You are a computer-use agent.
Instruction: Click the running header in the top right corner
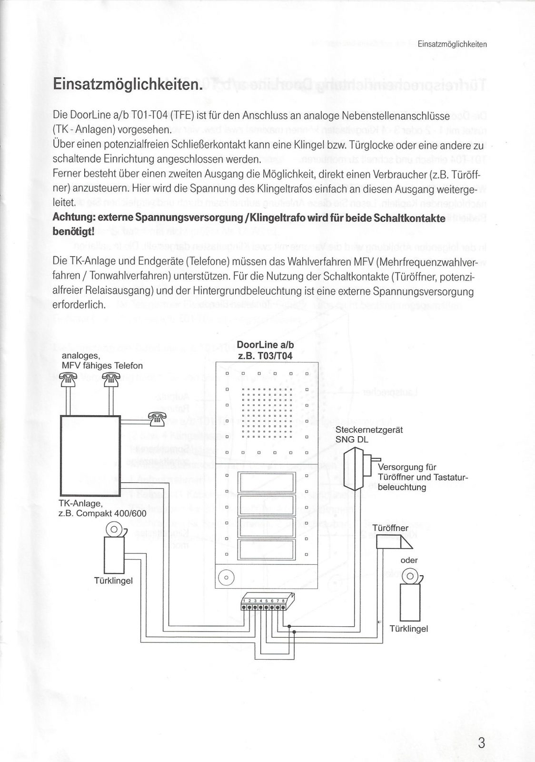point(452,44)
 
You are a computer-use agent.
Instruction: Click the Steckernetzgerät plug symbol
point(356,470)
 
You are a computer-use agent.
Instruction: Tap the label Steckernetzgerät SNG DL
point(369,434)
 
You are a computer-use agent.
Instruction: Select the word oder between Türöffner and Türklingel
point(409,560)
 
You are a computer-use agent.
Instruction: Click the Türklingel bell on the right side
point(410,595)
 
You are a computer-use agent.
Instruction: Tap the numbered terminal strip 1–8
point(265,604)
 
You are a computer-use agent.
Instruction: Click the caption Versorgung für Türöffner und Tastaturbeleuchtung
point(422,477)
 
